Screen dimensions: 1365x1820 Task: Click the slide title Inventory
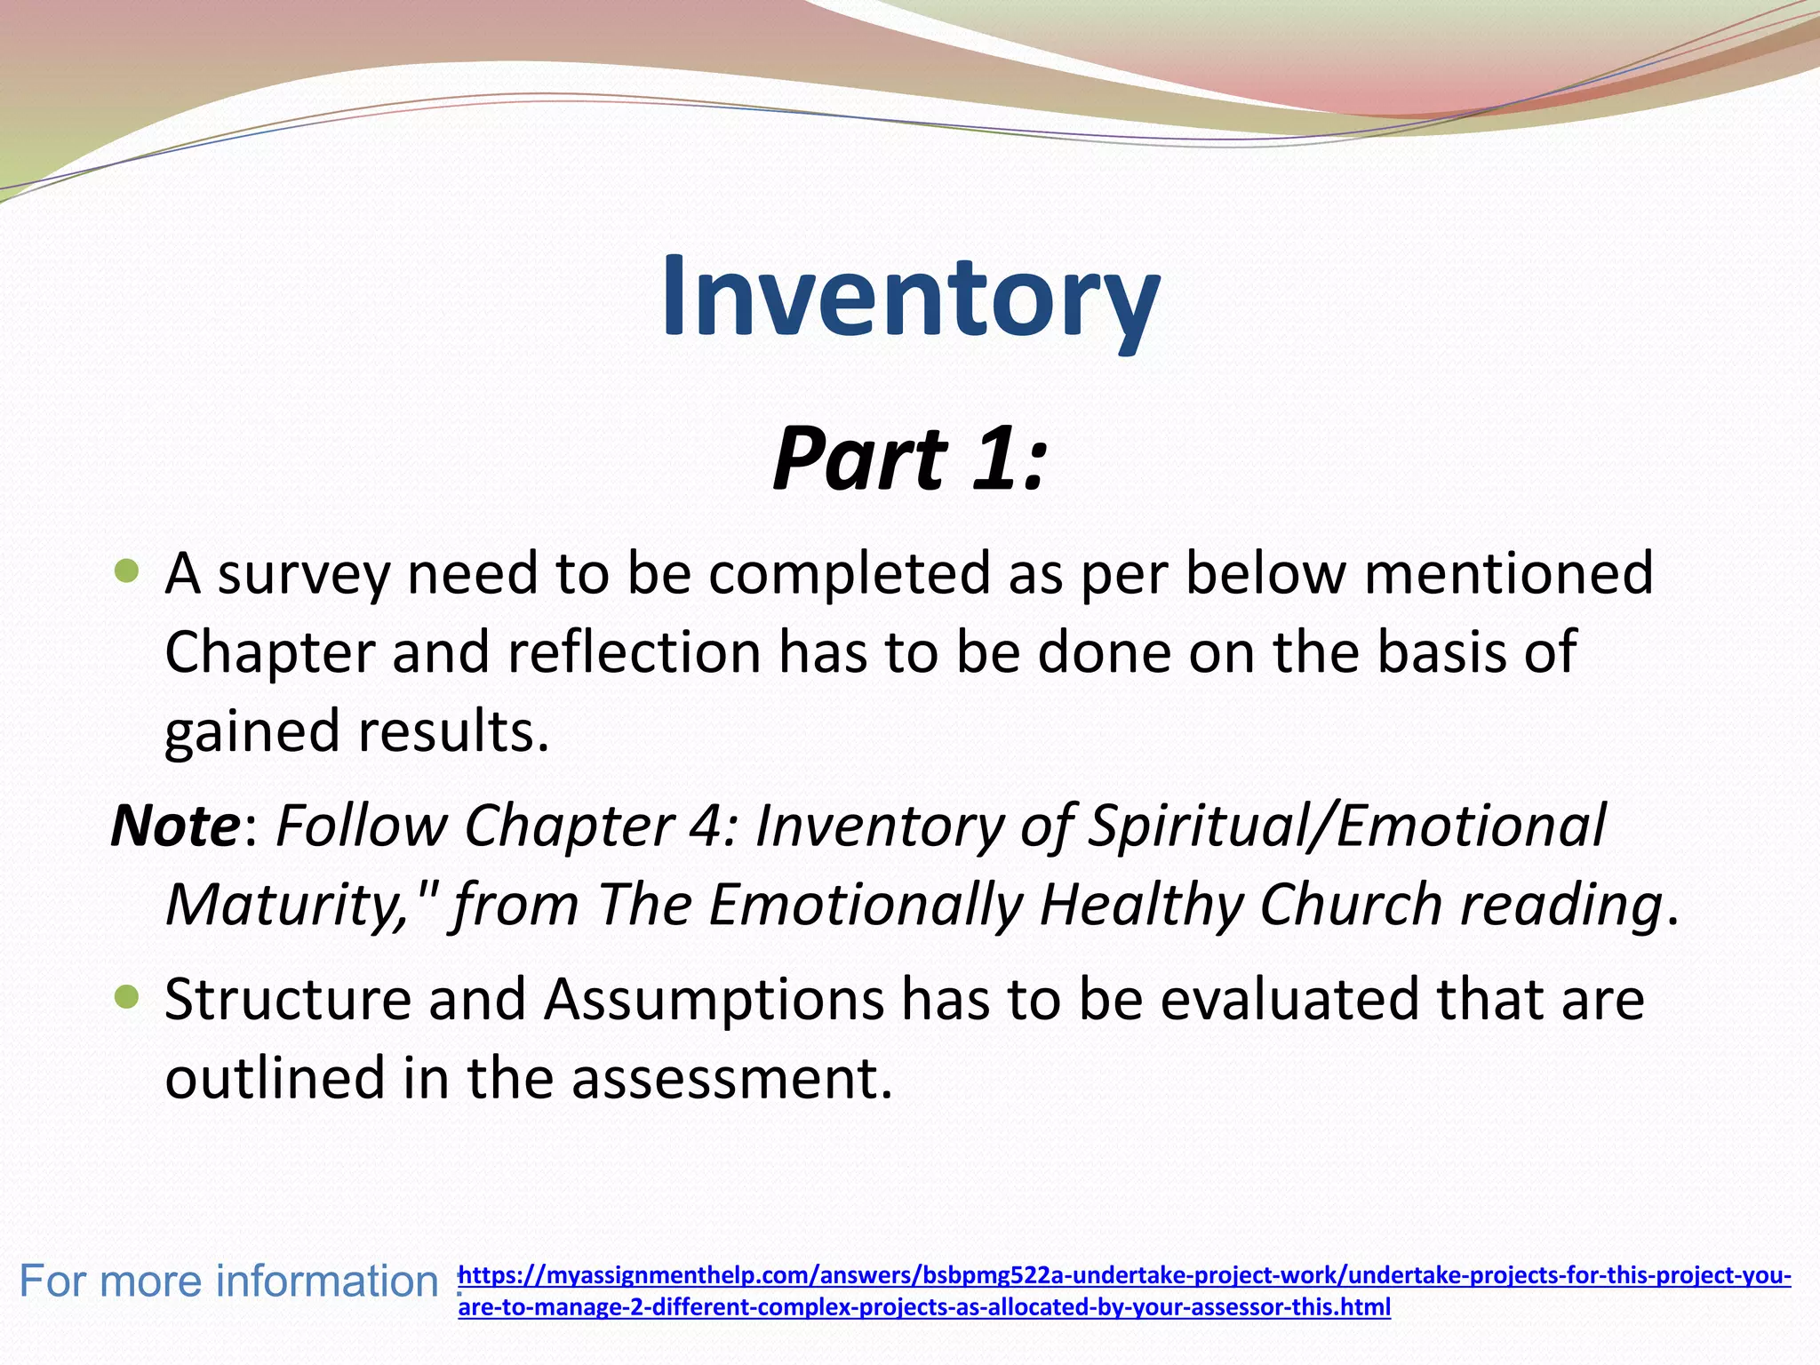point(910,295)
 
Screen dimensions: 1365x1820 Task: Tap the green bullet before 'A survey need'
point(128,571)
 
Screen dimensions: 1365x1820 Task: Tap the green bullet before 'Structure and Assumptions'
point(128,997)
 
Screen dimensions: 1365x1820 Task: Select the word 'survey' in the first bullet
point(304,574)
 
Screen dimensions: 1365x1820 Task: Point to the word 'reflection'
point(635,651)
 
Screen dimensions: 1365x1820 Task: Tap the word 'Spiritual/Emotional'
point(1346,826)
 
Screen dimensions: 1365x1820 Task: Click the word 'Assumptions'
point(714,999)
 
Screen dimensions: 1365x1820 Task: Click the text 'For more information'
point(228,1281)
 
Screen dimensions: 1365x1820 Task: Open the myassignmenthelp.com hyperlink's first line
point(1124,1276)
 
